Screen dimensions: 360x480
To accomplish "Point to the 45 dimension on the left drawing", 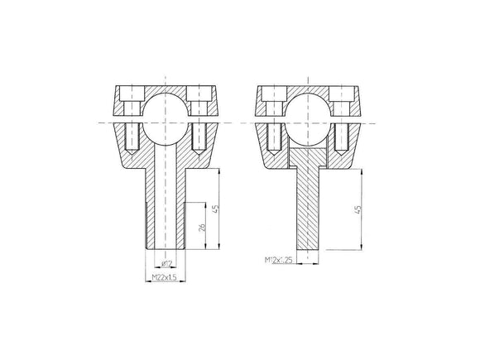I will (x=215, y=209).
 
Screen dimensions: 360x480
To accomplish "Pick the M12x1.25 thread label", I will (x=281, y=261).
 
